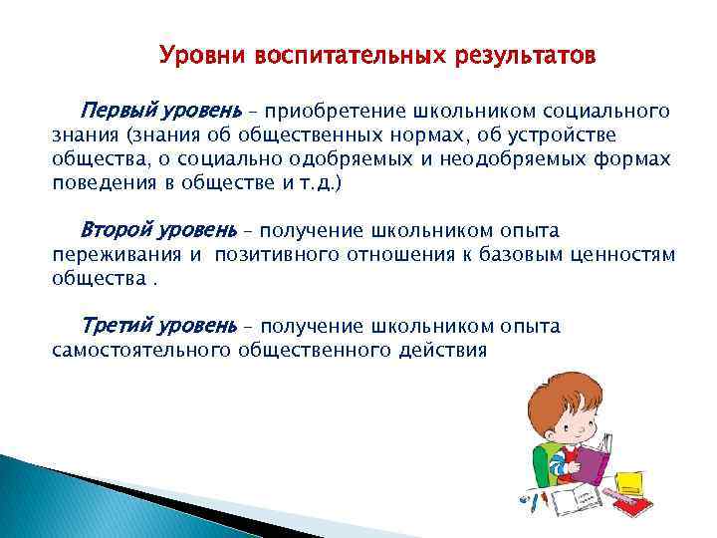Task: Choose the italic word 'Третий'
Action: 113,326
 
